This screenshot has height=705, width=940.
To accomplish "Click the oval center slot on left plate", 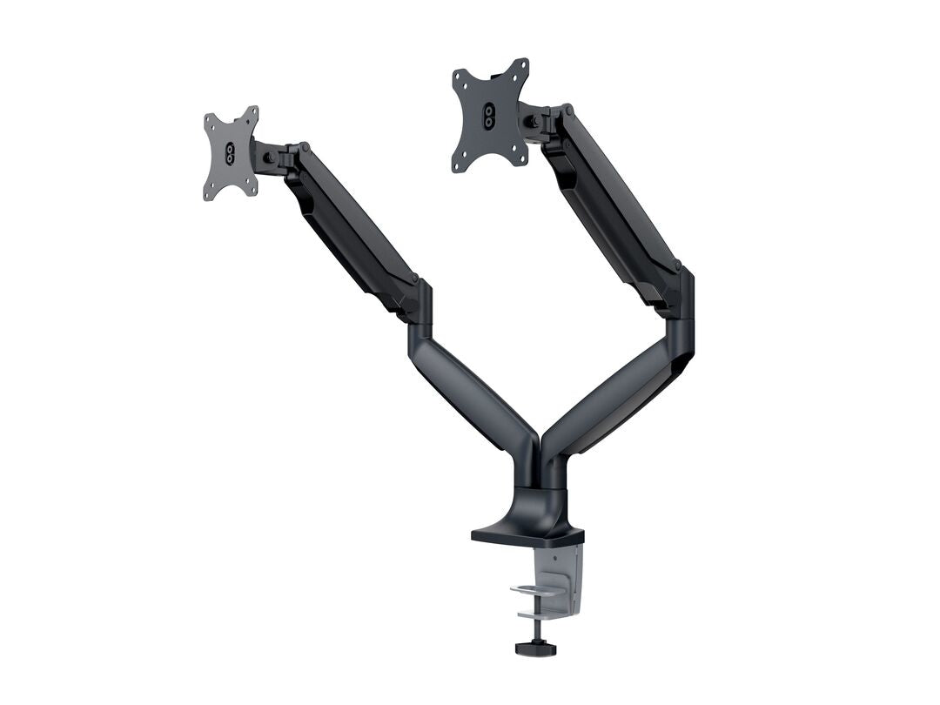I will coord(230,153).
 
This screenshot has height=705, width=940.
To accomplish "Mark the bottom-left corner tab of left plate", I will coord(209,194).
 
